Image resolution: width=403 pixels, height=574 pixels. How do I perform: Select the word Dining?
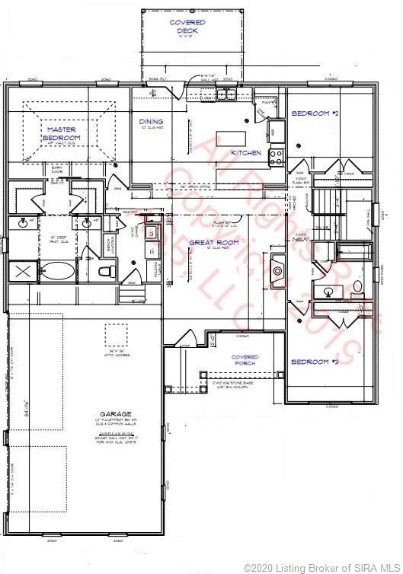pyautogui.click(x=151, y=121)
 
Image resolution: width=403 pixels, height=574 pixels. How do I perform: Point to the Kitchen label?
pyautogui.click(x=246, y=153)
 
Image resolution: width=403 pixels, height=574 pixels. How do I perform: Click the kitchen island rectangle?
pyautogui.click(x=232, y=138)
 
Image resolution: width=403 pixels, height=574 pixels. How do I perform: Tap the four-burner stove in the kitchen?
pyautogui.click(x=277, y=157)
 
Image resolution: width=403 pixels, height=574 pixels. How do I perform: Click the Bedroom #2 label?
pyautogui.click(x=314, y=114)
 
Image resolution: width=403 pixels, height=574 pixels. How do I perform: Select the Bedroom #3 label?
pyautogui.click(x=314, y=361)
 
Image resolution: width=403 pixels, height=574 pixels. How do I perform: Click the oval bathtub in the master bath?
pyautogui.click(x=57, y=271)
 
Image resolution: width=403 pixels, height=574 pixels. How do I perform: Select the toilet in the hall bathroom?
pyautogui.click(x=357, y=287)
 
